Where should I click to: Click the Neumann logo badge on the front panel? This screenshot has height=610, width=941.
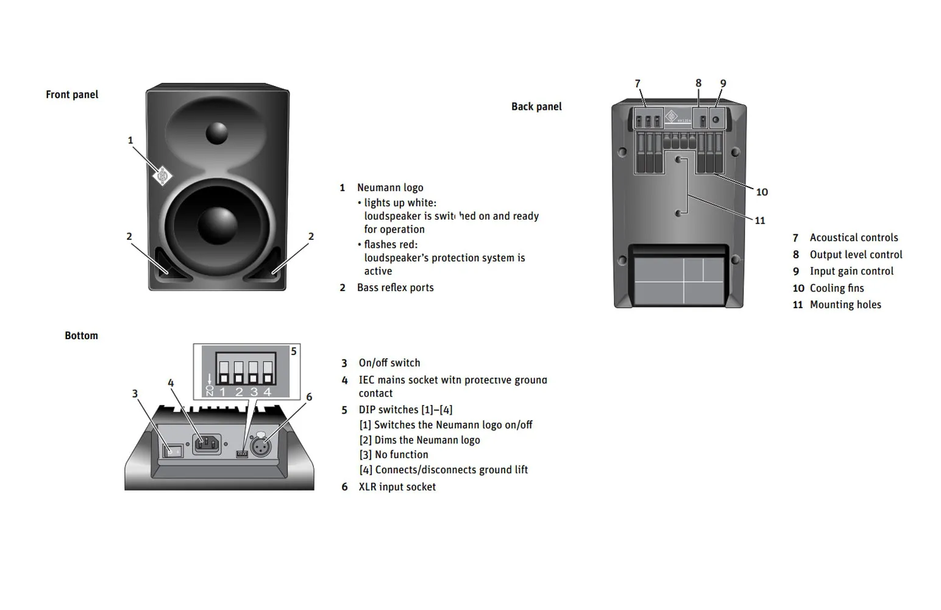pos(162,176)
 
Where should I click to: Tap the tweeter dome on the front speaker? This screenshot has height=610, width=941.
pos(216,133)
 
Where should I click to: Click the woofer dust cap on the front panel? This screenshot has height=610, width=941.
pos(218,225)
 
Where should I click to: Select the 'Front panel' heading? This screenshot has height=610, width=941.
pos(72,95)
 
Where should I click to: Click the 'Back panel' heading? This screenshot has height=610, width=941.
pos(536,107)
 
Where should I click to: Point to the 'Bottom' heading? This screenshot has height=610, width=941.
pos(81,335)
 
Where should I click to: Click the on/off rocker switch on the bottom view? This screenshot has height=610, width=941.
pos(172,451)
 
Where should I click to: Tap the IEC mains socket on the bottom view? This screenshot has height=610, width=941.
pos(207,443)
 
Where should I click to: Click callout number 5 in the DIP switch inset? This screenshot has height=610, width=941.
pos(294,351)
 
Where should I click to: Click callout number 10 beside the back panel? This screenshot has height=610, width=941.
pos(762,192)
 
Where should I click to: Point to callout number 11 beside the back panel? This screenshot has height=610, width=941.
pos(760,221)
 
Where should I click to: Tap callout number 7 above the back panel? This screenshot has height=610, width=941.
pos(637,84)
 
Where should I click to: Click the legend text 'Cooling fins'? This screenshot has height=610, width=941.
pos(836,288)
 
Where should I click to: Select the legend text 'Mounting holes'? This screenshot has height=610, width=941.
pos(845,304)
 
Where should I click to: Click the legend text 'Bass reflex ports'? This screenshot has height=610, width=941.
pos(395,287)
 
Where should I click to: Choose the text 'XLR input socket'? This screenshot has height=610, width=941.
pos(397,487)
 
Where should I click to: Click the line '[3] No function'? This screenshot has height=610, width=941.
pos(394,454)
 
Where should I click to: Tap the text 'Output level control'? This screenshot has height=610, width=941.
pos(856,254)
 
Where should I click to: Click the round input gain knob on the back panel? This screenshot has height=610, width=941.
pos(716,120)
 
